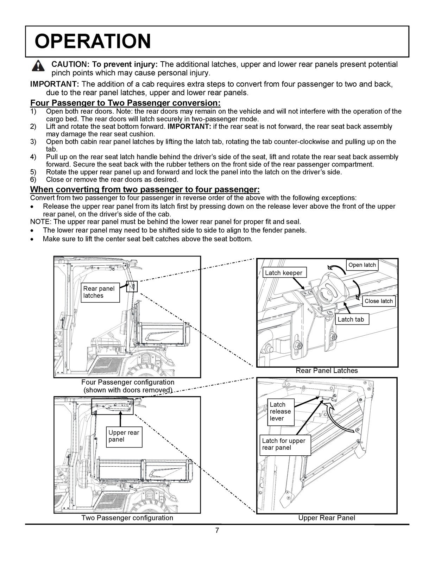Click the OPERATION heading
point(93,41)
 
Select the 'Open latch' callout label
point(362,265)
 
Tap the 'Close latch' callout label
point(378,301)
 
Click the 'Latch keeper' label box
point(284,273)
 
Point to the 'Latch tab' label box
point(351,320)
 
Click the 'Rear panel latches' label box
point(99,292)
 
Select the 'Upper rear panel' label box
point(124,436)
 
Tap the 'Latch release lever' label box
point(280,411)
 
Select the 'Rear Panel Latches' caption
point(327,371)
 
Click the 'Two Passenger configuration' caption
point(127,518)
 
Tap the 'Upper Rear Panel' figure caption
point(327,518)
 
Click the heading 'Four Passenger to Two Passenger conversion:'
point(126,103)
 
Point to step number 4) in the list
point(33,157)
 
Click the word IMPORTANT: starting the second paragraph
point(55,84)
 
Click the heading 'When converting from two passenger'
point(145,190)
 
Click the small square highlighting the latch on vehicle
point(132,287)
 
